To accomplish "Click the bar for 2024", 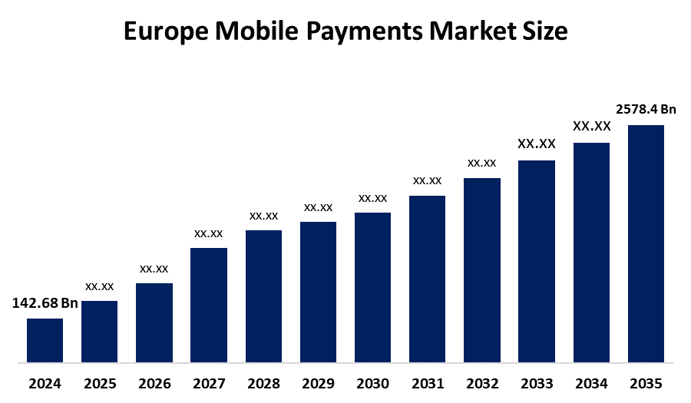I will pyautogui.click(x=45, y=340).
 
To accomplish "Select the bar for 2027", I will pyautogui.click(x=209, y=305).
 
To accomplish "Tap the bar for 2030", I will pyautogui.click(x=372, y=287).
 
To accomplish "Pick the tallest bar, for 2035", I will pyautogui.click(x=646, y=243).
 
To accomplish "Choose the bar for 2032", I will pyautogui.click(x=482, y=270).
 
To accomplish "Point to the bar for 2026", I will pyautogui.click(x=154, y=322).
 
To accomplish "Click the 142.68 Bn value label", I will pyautogui.click(x=45, y=303).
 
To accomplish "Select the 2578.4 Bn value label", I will pyautogui.click(x=646, y=110).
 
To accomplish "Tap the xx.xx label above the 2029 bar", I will pyautogui.click(x=318, y=207).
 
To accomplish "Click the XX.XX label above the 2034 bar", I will pyautogui.click(x=591, y=127).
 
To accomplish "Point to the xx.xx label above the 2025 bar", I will pyautogui.click(x=100, y=286).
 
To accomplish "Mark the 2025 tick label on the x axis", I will pyautogui.click(x=100, y=383).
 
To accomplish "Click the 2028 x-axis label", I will pyautogui.click(x=263, y=383).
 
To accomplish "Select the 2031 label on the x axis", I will pyautogui.click(x=427, y=383).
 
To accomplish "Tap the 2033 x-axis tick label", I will pyautogui.click(x=537, y=383).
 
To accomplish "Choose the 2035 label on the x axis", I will pyautogui.click(x=646, y=383).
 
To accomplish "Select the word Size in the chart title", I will pyautogui.click(x=543, y=32).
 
